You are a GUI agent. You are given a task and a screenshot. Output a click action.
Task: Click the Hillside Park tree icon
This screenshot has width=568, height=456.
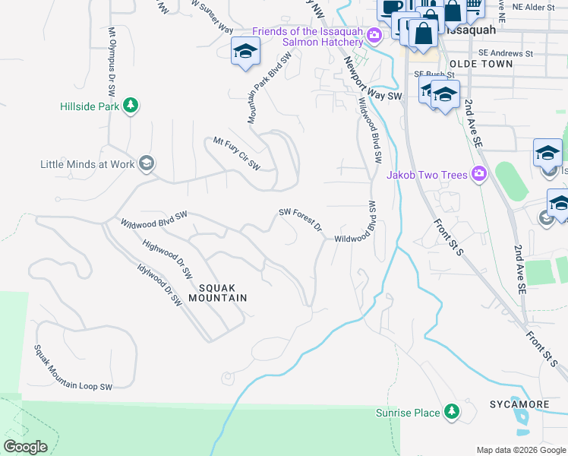tap(131, 106)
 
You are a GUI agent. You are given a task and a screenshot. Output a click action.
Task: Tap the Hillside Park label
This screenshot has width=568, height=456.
tap(90, 106)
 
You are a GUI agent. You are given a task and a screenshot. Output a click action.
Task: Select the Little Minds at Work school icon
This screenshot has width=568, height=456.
tap(147, 163)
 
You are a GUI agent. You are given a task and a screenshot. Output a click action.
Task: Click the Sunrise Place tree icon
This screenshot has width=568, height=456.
tap(452, 413)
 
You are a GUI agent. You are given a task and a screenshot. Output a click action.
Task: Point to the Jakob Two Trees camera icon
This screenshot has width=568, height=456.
tap(478, 175)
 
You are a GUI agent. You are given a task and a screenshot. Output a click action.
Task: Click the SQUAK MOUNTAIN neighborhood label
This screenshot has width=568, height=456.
tap(222, 293)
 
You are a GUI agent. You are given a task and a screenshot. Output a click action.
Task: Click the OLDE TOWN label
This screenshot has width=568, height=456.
tap(481, 64)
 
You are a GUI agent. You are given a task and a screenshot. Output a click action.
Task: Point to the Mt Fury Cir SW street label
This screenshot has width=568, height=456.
tap(236, 154)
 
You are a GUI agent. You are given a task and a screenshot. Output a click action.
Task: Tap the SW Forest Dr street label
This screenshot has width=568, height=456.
tap(301, 219)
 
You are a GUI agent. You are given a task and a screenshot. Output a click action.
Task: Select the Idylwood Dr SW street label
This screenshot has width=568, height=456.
tap(159, 284)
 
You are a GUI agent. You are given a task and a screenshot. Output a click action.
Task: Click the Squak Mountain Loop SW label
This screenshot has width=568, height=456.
tap(72, 368)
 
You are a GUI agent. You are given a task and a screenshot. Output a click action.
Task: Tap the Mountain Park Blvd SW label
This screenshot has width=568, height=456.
tap(270, 88)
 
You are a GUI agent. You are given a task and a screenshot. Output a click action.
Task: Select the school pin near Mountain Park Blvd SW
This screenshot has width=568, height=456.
tap(245, 52)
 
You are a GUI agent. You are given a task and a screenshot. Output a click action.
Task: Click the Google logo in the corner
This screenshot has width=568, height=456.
tap(25, 446)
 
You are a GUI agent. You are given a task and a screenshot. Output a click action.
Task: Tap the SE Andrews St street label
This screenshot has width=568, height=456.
tap(486, 53)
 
